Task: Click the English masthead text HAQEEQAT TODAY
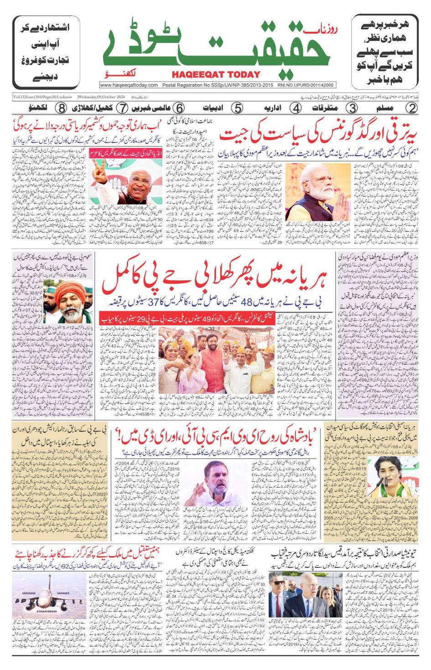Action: tap(216, 75)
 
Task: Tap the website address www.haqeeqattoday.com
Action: tap(129, 85)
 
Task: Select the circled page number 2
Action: tap(412, 108)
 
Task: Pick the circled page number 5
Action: tap(237, 108)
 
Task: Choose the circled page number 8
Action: tap(61, 108)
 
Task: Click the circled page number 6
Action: tap(179, 108)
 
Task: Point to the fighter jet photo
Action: tap(49, 597)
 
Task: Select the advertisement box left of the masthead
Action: tap(46, 52)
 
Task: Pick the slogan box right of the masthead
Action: tap(384, 52)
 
